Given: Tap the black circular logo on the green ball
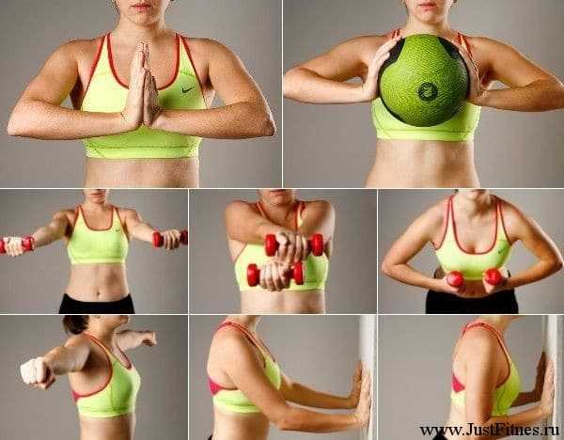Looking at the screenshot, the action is (x=428, y=91).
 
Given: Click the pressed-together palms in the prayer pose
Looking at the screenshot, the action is (x=143, y=86).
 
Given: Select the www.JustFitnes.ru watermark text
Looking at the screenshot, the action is (x=490, y=430).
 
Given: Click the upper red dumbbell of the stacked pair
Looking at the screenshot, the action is (x=294, y=244).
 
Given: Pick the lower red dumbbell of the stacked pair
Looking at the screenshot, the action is (x=275, y=275).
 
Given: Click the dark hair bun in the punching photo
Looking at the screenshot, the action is (x=75, y=323).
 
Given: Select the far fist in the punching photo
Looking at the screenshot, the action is (x=149, y=338).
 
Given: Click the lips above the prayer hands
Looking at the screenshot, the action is (x=142, y=7).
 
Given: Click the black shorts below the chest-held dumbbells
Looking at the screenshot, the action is (x=472, y=302).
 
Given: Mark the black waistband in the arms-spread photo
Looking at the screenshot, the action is (x=96, y=304).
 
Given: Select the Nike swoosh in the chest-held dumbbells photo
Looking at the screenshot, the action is (x=503, y=250).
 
